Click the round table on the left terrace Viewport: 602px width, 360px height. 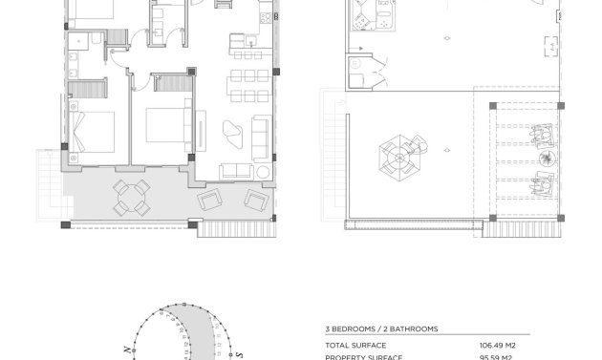pyautogui.click(x=132, y=196)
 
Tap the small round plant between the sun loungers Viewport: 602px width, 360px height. pyautogui.click(x=545, y=159)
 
